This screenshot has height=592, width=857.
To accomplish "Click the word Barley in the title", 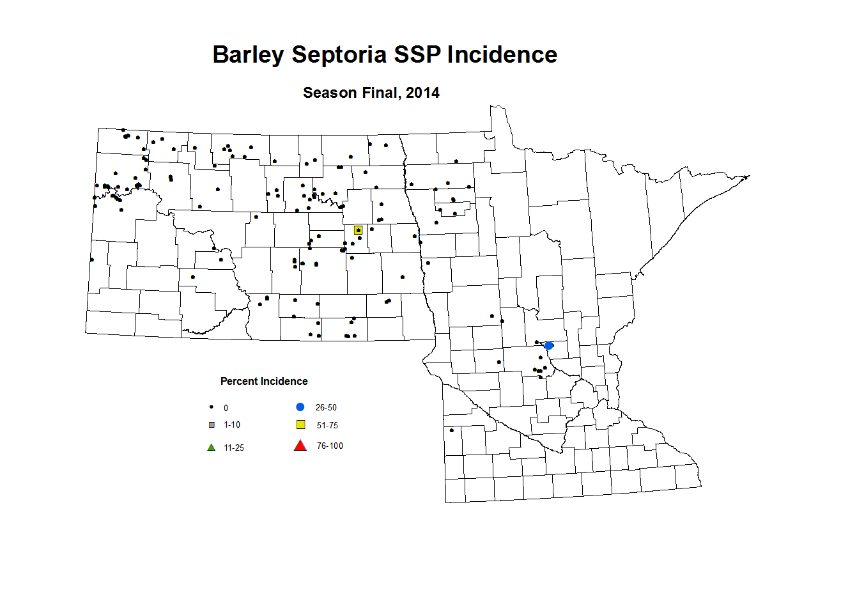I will [248, 55].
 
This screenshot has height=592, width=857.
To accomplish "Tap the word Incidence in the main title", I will [502, 55].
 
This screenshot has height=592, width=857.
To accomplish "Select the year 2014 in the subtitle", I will [422, 93].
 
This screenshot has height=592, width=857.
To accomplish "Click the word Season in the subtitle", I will [330, 93].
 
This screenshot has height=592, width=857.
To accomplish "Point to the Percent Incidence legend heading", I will [264, 382].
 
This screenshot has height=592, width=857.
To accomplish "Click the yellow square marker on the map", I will [359, 230].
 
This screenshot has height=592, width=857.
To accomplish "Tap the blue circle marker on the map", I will [549, 346].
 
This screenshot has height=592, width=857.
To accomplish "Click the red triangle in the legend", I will [300, 446].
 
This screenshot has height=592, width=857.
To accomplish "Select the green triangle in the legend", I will [212, 448].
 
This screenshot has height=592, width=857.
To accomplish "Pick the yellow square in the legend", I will [300, 425].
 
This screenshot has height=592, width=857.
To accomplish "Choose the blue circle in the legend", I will [300, 407].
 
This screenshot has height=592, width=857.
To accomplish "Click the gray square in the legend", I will [212, 425].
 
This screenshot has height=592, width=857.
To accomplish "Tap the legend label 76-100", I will [330, 446].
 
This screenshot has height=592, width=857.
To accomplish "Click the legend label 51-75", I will [327, 426].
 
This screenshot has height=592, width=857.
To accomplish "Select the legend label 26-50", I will [326, 408].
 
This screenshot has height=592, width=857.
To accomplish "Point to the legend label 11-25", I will [234, 448].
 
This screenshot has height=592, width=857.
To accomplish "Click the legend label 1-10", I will [232, 425].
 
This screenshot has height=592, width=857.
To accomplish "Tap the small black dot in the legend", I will [212, 407].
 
